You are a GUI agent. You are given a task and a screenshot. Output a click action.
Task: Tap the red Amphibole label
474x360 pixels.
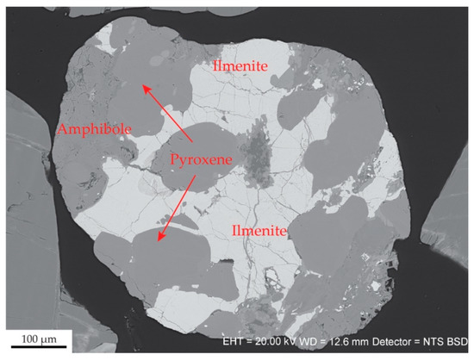click(x=94, y=129)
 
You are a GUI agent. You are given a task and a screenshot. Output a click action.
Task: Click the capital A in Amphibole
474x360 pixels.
click(x=61, y=129)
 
